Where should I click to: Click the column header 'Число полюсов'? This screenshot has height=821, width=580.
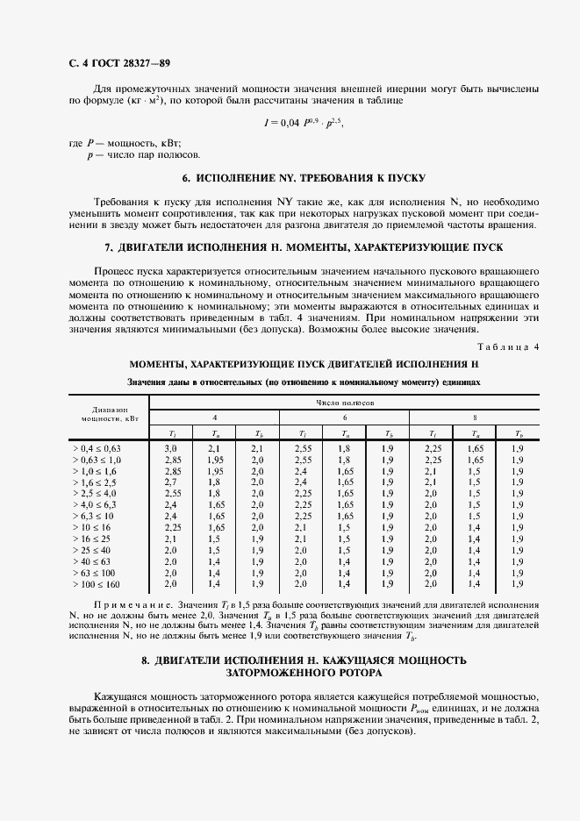click(x=346, y=401)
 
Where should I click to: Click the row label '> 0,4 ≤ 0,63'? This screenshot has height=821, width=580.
click(x=97, y=448)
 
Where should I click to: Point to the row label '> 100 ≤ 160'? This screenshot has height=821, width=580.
click(x=96, y=583)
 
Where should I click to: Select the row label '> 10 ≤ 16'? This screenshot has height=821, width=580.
click(x=91, y=527)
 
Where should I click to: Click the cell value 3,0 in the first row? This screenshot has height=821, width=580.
click(x=171, y=448)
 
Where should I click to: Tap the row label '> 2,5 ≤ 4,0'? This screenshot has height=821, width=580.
click(x=95, y=493)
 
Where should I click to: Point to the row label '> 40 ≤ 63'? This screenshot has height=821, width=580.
click(x=91, y=561)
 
